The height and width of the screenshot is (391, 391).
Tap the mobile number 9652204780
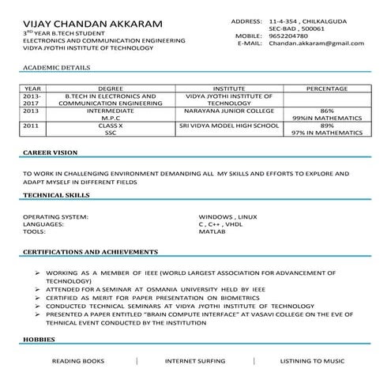pos(288,36)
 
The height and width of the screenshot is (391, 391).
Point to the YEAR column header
pos(33,89)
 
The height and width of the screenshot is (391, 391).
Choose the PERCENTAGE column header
pos(327,89)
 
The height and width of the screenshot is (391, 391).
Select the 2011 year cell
pos(31,126)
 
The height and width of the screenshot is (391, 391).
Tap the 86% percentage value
pos(327,111)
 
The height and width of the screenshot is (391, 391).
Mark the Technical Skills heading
pos(56,194)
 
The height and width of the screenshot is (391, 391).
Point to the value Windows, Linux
pos(227,216)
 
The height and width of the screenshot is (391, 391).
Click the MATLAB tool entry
pos(212,232)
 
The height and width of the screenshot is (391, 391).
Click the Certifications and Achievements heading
pos(90,252)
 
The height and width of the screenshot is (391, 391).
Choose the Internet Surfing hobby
pos(194,361)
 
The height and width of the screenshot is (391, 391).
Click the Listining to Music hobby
pos(312,361)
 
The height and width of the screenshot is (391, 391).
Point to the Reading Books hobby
pos(77,361)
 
